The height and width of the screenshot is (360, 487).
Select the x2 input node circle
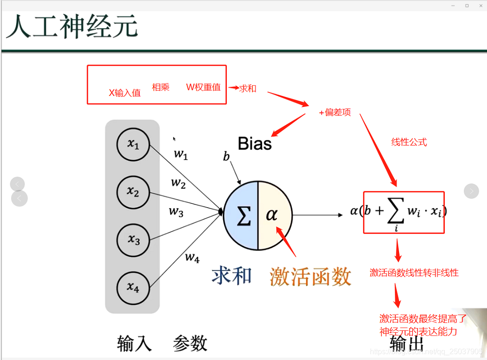point(133,192)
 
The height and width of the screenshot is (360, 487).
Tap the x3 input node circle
point(133,240)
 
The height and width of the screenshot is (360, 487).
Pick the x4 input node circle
point(133,287)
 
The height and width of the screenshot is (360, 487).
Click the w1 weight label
point(181,154)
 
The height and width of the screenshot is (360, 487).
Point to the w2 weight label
point(178,183)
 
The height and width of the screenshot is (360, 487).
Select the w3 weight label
point(176,212)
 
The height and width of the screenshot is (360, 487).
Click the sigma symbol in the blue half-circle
point(243,215)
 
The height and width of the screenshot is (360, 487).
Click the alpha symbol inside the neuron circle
point(272,215)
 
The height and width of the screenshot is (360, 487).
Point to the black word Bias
point(255,144)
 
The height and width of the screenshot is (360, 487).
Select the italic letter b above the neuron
point(226,157)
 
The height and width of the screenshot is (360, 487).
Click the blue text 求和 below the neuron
point(232,276)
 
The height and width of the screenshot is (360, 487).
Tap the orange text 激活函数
point(311,277)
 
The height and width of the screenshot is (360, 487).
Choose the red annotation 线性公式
point(409,142)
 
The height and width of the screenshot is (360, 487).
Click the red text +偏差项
point(335,113)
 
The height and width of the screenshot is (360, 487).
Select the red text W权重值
point(203,87)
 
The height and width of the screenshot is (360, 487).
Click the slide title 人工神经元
point(72,27)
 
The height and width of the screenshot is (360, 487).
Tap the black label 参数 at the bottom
point(190,343)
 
